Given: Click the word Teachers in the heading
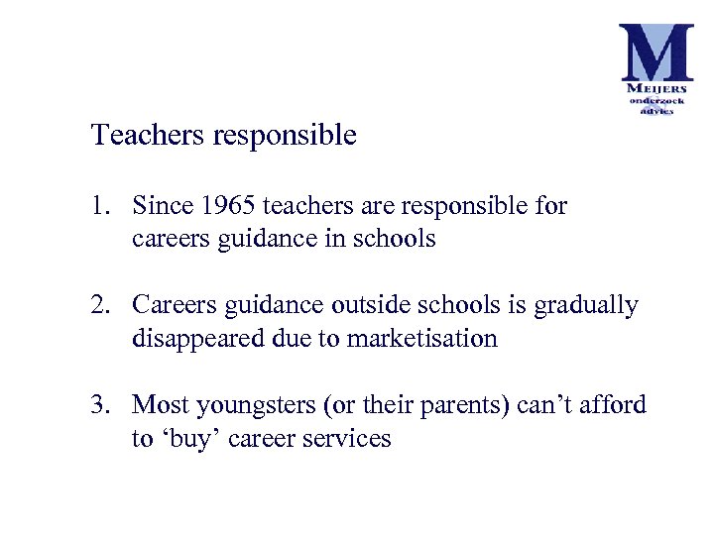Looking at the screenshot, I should click(148, 135).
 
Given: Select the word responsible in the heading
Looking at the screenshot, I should click(285, 137).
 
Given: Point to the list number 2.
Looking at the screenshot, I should click(98, 305).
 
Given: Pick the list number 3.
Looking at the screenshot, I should click(98, 404).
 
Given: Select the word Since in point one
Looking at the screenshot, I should click(164, 206).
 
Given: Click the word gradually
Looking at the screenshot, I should click(586, 306).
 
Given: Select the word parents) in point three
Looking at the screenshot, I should click(470, 406).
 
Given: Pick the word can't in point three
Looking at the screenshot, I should click(541, 404).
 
